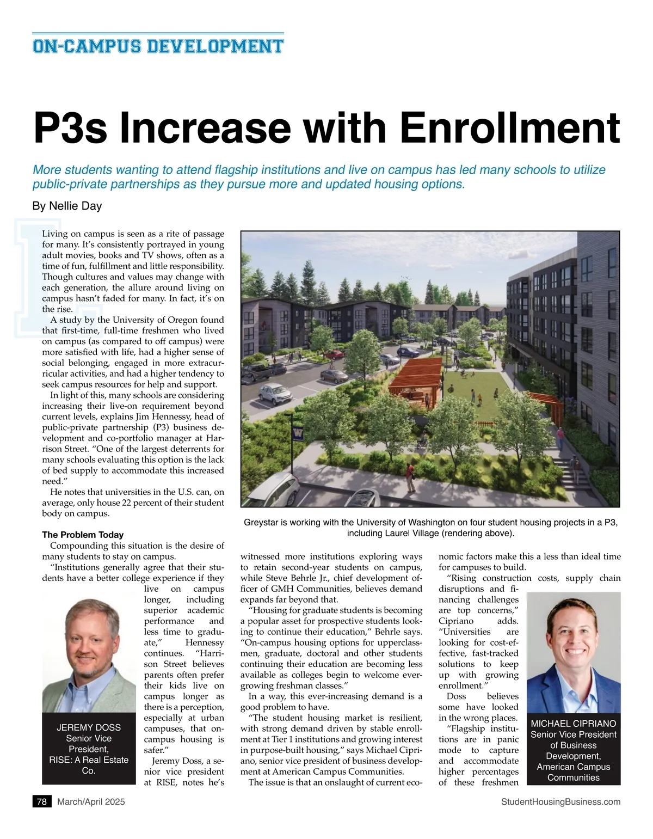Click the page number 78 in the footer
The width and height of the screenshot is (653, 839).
click(42, 801)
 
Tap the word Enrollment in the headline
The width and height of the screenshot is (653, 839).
click(510, 128)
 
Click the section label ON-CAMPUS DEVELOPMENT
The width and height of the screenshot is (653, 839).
click(158, 46)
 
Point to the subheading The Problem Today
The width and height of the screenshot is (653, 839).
click(83, 535)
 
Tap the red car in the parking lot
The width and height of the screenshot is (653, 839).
click(335, 376)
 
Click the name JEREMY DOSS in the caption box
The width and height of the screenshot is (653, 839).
click(89, 727)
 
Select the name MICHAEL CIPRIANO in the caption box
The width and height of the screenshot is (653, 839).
click(574, 724)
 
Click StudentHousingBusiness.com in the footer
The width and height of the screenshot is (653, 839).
click(560, 801)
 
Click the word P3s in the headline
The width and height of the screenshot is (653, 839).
click(71, 128)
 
